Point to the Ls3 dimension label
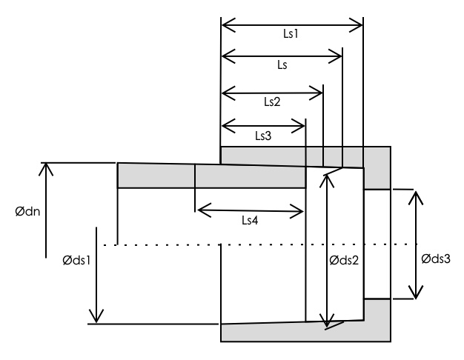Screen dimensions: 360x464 pos(263,136)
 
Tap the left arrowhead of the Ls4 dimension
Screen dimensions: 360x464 pos(199,210)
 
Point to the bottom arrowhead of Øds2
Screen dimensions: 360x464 pos(326,321)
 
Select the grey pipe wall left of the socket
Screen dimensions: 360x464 pos(156,176)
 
